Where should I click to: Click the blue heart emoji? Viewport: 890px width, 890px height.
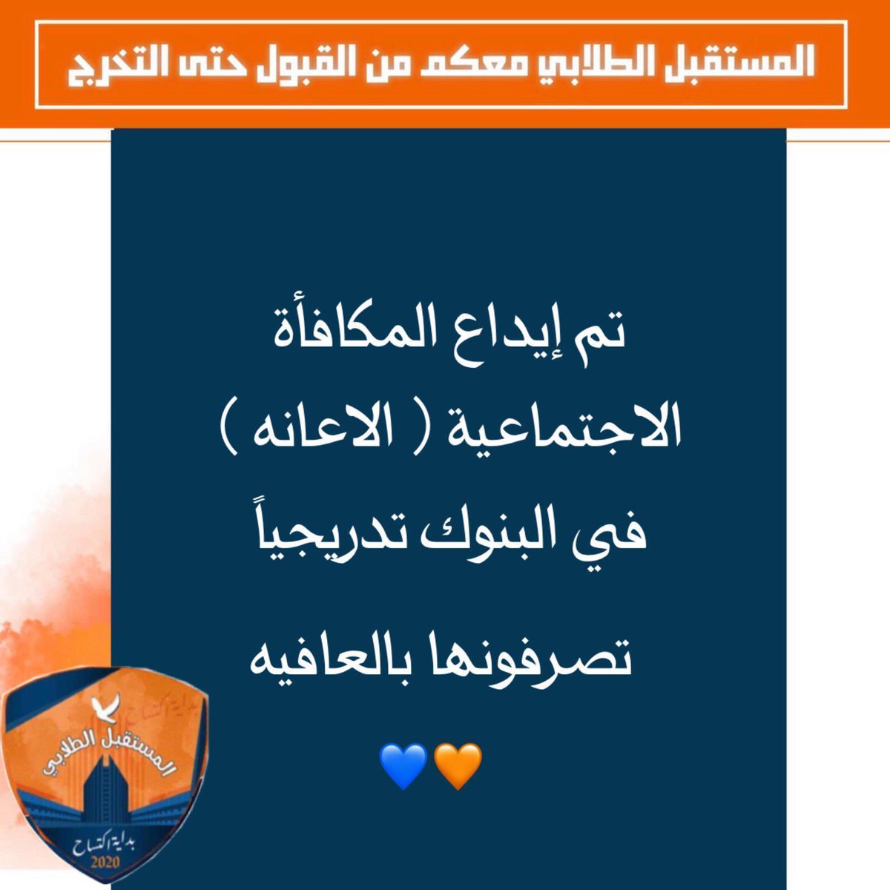pos(403,766)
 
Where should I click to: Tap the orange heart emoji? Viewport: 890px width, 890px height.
pos(457,766)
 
